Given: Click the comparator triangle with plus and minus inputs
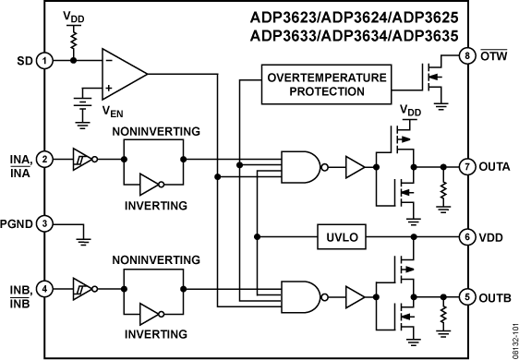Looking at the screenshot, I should point(123,70).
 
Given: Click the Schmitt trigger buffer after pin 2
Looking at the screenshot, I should point(82,159).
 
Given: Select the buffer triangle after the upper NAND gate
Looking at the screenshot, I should point(355,167).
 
